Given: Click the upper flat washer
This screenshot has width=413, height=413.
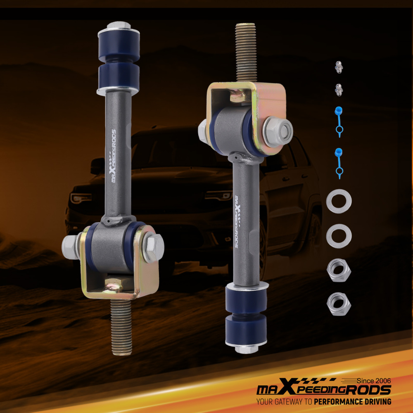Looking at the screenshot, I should [339, 201].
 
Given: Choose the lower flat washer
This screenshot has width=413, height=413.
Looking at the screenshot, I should [339, 235].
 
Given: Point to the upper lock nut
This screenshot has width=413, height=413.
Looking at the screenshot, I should [339, 271].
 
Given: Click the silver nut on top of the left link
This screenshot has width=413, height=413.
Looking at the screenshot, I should [119, 26].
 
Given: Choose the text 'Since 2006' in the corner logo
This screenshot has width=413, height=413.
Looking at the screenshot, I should [373, 380].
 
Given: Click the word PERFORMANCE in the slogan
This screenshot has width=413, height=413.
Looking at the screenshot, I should [340, 401].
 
